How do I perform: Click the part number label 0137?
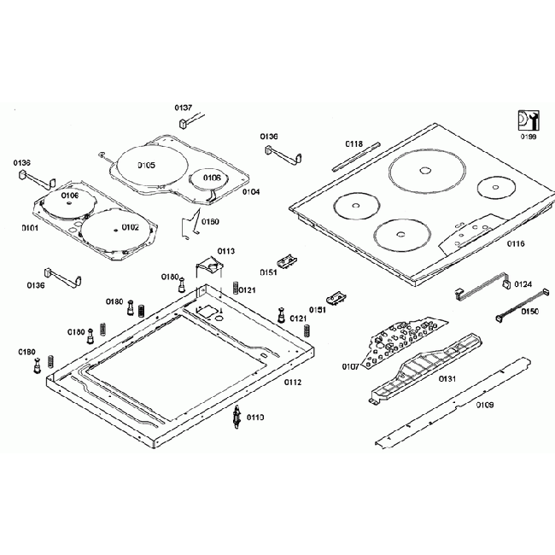(184, 108)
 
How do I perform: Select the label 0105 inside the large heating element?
(145, 165)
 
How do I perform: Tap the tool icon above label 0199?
(527, 120)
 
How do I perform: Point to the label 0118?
(354, 143)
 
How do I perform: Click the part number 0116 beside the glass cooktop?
(515, 244)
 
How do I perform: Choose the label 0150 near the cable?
(530, 313)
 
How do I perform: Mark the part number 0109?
(484, 405)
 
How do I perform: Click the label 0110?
(254, 417)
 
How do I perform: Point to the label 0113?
(225, 251)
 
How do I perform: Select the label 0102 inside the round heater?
(130, 227)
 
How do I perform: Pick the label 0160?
(210, 222)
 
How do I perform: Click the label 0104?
(250, 192)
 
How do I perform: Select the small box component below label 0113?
(208, 267)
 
